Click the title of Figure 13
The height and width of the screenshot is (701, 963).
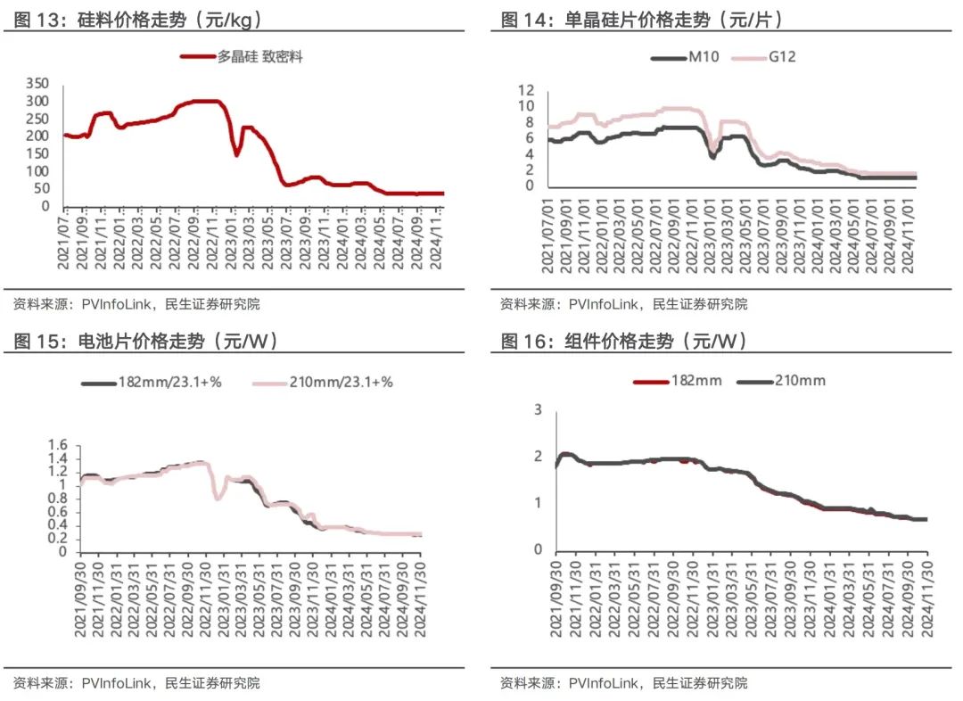pos(138,20)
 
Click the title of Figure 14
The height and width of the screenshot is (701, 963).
pos(642,20)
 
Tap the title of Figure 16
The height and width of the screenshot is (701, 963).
pos(624,341)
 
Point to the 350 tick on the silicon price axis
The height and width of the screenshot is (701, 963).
pos(37,83)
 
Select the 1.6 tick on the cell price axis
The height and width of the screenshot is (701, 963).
pos(58,445)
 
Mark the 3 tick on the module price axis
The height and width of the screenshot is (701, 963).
pos(537,409)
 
